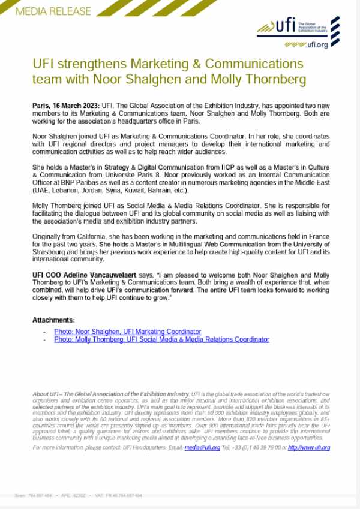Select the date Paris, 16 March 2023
coord(66,106)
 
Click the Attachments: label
coord(54,320)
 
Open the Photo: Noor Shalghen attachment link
coord(127,332)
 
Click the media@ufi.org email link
coord(202,447)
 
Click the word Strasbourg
coord(52,252)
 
